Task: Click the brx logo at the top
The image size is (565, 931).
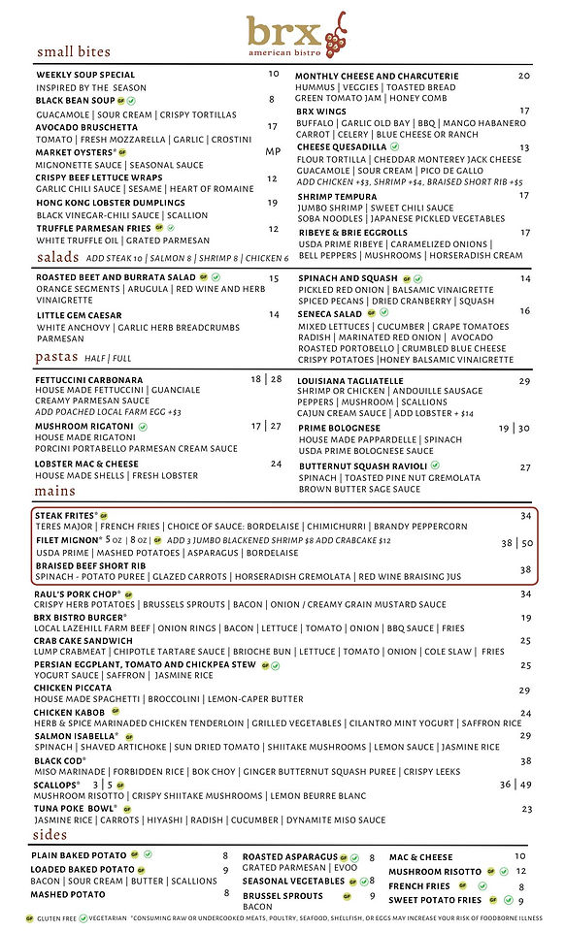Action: point(295,36)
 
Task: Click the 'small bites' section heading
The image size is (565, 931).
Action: point(74,51)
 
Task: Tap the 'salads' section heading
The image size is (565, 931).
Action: point(57,257)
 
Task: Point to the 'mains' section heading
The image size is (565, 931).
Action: point(55,491)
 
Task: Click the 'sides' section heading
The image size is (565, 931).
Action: point(50,834)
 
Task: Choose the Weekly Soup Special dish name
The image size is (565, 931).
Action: point(85,75)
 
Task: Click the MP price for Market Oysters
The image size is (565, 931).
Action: point(273,151)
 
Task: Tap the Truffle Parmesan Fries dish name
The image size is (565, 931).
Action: point(93,228)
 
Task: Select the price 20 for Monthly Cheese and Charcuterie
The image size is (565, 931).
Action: point(524,76)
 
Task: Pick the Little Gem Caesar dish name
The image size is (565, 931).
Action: point(79,315)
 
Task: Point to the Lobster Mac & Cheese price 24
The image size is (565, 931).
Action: point(276,464)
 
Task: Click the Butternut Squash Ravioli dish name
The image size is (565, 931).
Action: point(363,466)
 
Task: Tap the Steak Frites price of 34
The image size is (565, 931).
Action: point(525,515)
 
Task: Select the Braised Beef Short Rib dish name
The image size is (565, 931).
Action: point(90,565)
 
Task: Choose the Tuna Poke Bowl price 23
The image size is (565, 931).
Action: point(527,809)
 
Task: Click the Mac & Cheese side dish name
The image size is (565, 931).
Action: point(420,856)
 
